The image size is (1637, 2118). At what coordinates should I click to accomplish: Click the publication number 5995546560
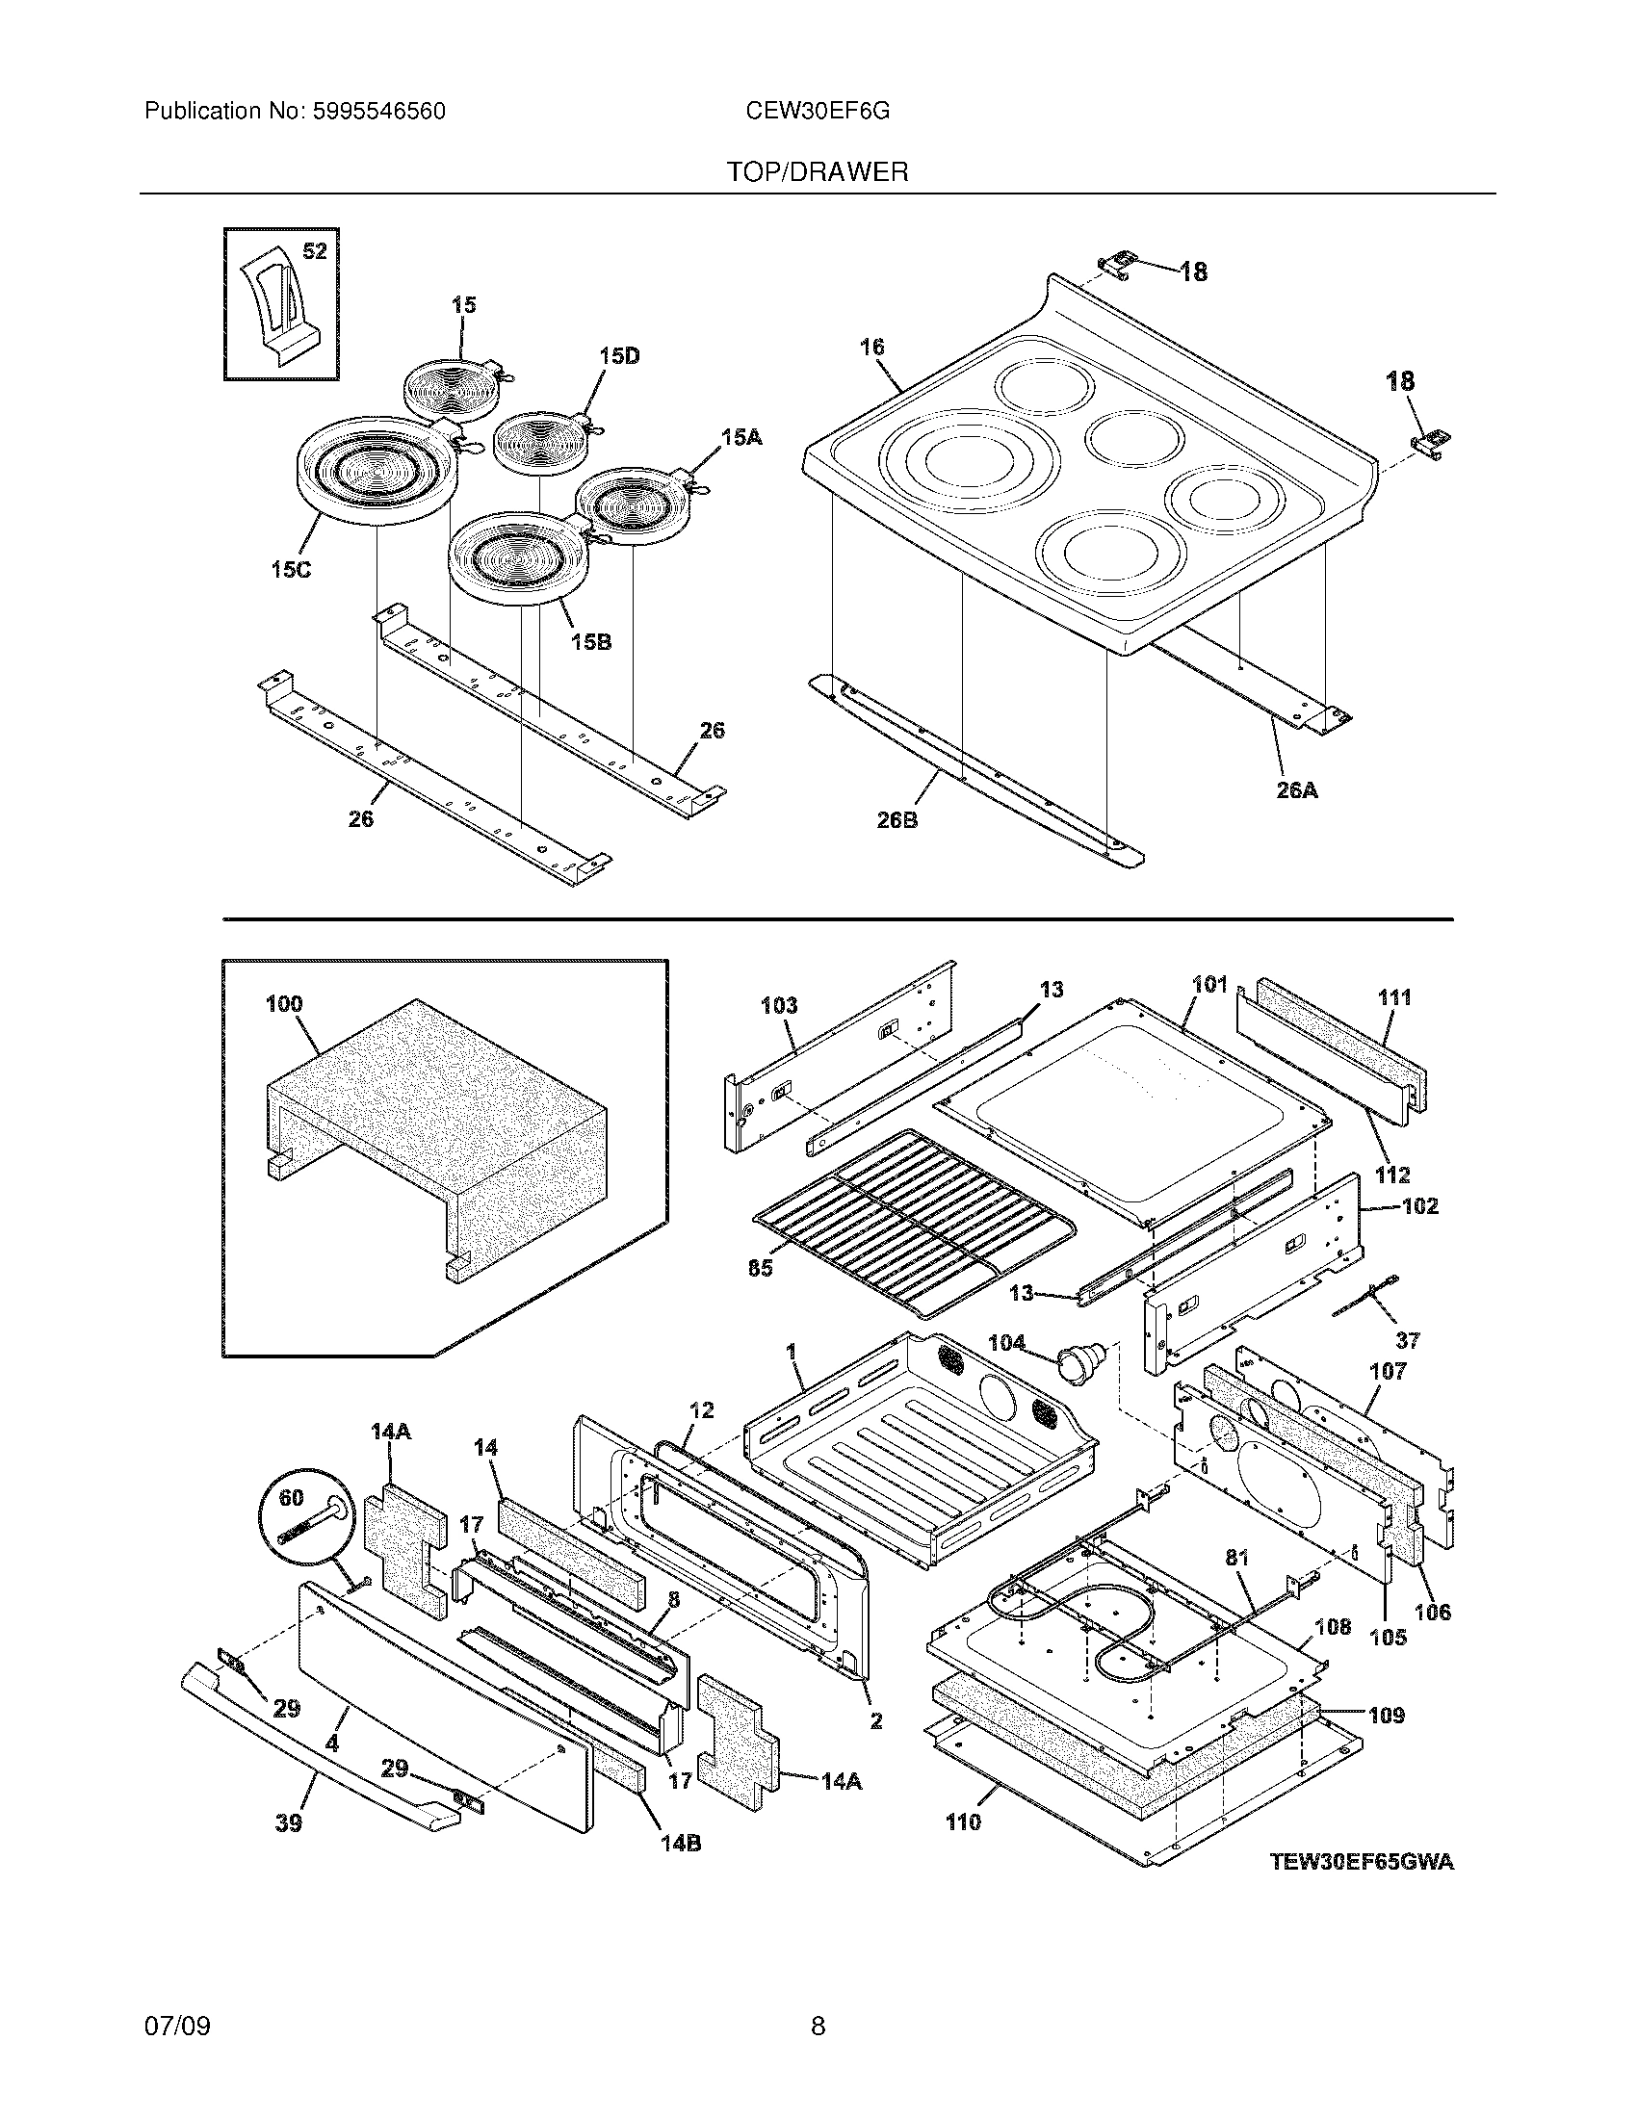coord(377,112)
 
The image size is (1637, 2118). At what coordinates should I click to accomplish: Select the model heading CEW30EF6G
coord(817,112)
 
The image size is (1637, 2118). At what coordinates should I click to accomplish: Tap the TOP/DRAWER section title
coord(818,172)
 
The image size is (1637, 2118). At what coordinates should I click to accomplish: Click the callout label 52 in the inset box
coord(314,251)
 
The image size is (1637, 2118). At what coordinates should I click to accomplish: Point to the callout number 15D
coord(619,356)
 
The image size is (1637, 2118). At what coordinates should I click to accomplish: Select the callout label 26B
coord(897,819)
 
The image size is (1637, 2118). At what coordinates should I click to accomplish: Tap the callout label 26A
coord(1297,790)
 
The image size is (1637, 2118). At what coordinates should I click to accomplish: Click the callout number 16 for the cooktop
coord(871,347)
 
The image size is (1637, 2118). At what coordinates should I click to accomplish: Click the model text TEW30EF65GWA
coord(1362,1861)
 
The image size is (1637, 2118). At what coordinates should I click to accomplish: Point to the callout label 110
coord(963,1822)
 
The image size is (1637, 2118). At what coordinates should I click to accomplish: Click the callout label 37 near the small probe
coord(1407,1340)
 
